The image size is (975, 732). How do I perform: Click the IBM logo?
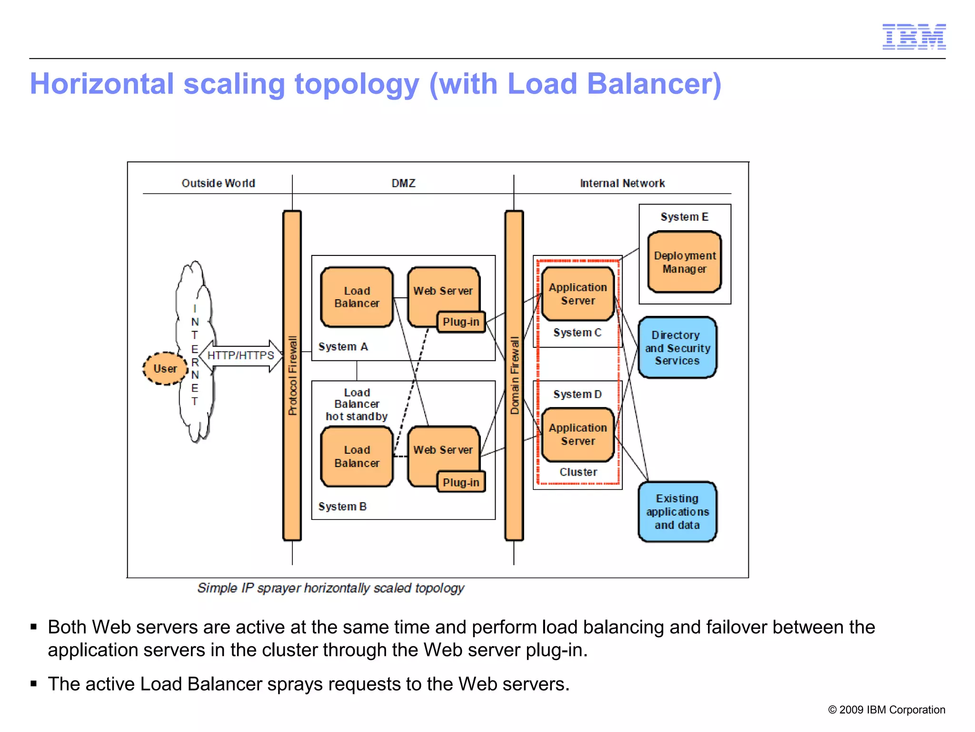[914, 37]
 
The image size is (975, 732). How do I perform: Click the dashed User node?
[165, 368]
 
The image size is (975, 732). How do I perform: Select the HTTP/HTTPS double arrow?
[241, 356]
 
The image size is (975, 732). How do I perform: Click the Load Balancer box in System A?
[357, 297]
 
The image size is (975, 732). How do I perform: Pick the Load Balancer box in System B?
[357, 456]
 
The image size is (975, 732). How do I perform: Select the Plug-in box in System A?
[461, 322]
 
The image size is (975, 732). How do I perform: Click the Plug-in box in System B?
[461, 482]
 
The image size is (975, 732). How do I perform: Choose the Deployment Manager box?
[684, 262]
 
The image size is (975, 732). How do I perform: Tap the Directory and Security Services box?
[677, 347]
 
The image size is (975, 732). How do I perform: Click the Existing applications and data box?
[677, 511]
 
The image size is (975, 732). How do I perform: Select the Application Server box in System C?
[577, 294]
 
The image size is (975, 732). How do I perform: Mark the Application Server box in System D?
[577, 434]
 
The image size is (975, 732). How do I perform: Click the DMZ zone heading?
[403, 183]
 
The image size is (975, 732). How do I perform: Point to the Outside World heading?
[218, 183]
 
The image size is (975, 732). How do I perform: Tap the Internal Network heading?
[622, 183]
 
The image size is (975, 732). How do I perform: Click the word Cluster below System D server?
[578, 472]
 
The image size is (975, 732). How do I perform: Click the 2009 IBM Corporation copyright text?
[886, 710]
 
